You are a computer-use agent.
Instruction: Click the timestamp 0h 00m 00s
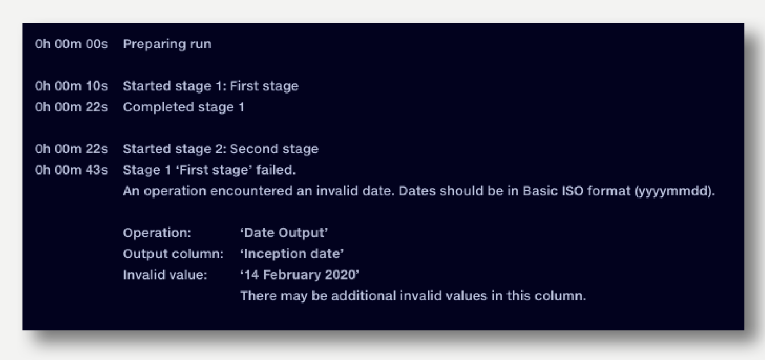click(x=71, y=44)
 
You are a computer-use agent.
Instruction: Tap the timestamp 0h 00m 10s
click(x=71, y=86)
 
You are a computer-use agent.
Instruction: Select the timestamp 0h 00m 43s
click(x=71, y=170)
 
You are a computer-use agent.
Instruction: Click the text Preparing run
click(x=167, y=45)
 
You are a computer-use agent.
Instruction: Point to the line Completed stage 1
click(x=184, y=107)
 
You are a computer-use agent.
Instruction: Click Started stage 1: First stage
click(x=211, y=87)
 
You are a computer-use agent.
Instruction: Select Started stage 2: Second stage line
click(x=220, y=149)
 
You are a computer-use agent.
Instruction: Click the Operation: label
click(x=157, y=233)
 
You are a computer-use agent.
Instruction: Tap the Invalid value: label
click(x=165, y=275)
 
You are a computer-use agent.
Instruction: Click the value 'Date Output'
click(x=284, y=233)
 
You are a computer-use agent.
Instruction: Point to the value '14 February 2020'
click(x=300, y=275)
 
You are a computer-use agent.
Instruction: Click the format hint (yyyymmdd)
click(x=674, y=192)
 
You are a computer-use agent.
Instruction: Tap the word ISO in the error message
click(x=573, y=191)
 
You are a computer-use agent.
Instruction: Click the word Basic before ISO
click(x=540, y=191)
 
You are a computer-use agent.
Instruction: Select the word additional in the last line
click(x=363, y=296)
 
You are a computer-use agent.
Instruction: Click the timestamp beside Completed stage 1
click(x=71, y=107)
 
